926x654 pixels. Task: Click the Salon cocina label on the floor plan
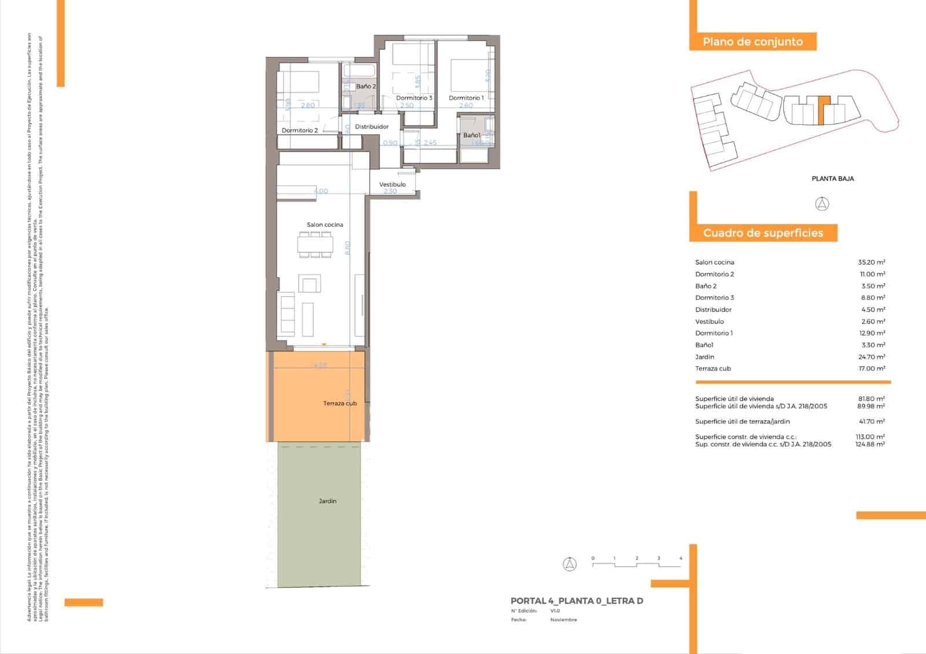coord(325,225)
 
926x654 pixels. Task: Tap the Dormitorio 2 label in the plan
coord(300,130)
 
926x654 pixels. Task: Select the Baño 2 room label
coord(366,86)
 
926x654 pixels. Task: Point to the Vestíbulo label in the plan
coord(392,185)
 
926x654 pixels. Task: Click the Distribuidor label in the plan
coord(372,127)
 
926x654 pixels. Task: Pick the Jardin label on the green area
coord(328,501)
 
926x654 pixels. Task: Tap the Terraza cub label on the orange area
coord(340,403)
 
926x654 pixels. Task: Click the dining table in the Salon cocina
coord(315,245)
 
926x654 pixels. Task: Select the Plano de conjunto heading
coord(752,42)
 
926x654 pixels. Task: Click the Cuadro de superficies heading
coord(763,233)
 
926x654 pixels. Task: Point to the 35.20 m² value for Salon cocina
coord(871,262)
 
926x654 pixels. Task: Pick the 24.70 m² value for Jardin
coord(871,357)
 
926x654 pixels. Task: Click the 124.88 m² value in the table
coord(870,444)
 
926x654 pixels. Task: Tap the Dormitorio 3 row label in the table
coord(715,297)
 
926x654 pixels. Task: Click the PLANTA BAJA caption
coord(833,179)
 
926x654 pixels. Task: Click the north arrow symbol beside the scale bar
coord(570,564)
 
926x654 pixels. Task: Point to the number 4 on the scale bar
coord(681,559)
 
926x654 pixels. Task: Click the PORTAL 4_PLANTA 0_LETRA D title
coord(576,601)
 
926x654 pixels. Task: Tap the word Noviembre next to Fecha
coord(563,620)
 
